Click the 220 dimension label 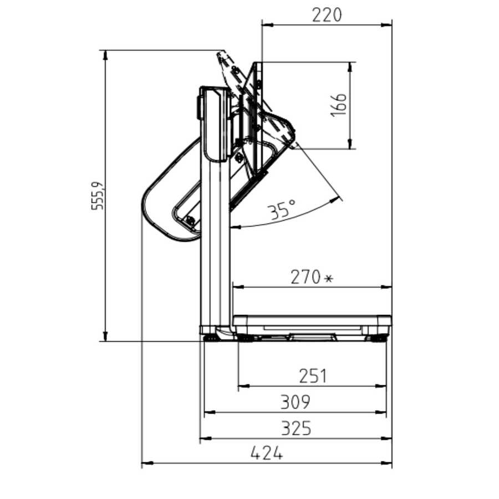327,15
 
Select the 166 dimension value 338,105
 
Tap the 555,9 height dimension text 98,196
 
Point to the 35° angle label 282,210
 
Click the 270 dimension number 305,277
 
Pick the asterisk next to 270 328,279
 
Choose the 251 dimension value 313,376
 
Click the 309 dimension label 295,403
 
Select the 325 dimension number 296,429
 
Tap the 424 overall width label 267,453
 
